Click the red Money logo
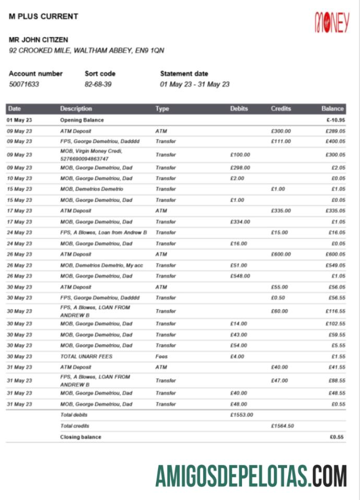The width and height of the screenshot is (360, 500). point(331,22)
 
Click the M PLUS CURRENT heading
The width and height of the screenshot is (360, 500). point(43,16)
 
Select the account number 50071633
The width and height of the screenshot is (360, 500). point(24,84)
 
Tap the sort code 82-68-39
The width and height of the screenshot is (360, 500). point(98,84)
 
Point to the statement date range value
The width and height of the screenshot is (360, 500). point(195,84)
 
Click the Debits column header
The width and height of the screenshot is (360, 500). point(239,109)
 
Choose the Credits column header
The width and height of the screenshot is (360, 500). point(281,109)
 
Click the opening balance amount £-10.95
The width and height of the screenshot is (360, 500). point(334,120)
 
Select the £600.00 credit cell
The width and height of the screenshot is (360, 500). point(281,255)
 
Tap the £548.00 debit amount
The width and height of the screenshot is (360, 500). point(240,276)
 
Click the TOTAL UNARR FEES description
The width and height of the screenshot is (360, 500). point(86,356)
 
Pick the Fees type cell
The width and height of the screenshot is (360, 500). point(161,356)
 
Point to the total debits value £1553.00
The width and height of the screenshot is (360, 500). point(242,415)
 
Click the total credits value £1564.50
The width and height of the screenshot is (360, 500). point(282,426)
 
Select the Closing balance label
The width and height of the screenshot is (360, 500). point(80,437)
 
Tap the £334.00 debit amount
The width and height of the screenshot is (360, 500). point(240,222)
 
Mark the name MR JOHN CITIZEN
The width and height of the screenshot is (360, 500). point(38,40)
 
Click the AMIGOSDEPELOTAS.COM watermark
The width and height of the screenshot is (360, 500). point(251,475)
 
